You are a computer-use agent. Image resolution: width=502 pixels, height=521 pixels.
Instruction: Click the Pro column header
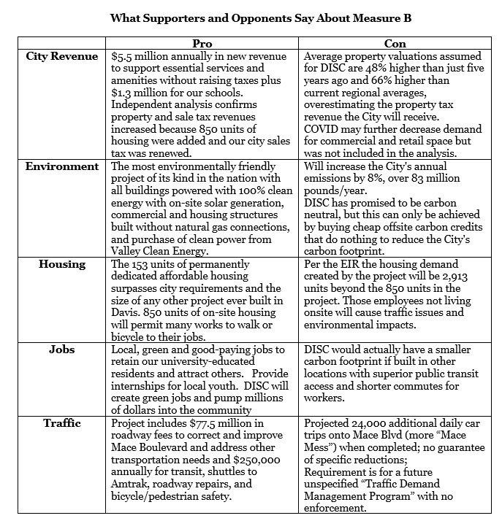pyautogui.click(x=206, y=45)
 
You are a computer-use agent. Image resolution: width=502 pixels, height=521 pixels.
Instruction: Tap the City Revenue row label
pyautogui.click(x=62, y=56)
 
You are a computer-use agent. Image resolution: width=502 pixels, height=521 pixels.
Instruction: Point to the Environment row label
pyautogui.click(x=62, y=166)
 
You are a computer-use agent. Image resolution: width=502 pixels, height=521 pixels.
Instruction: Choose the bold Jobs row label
pyautogui.click(x=62, y=350)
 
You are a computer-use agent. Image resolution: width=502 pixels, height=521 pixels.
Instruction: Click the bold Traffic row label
pyautogui.click(x=62, y=423)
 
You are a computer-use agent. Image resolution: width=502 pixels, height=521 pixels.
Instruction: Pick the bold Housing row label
pyautogui.click(x=62, y=264)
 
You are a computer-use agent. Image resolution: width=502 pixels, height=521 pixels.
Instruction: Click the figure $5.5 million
pyautogui.click(x=138, y=56)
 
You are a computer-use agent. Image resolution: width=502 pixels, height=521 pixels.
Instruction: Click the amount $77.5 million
pyautogui.click(x=221, y=423)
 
